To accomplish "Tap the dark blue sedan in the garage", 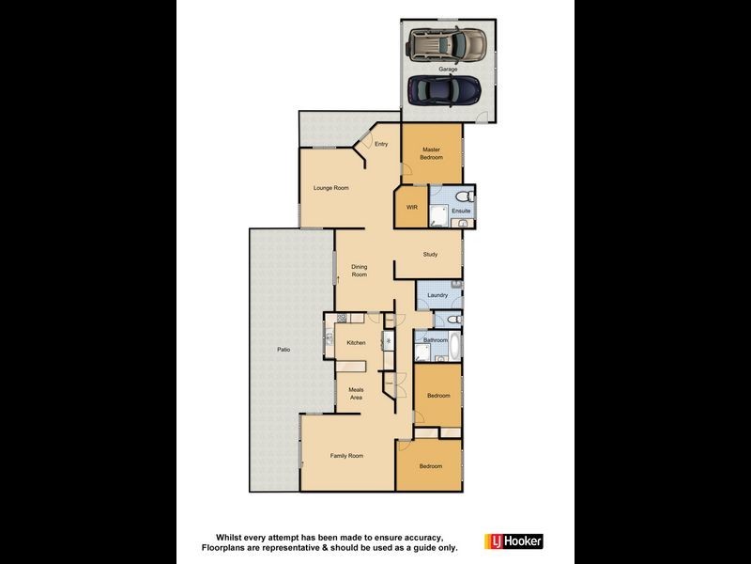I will point(445,90).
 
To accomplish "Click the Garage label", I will point(446,69).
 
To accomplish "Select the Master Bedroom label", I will point(432,153).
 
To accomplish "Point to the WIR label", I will point(411,206).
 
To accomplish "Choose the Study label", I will point(430,254).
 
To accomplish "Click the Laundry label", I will point(437,296).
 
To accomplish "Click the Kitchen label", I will point(356,342).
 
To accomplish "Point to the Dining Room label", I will point(360,271).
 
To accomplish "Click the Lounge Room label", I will point(330,188).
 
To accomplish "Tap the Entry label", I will point(381,144).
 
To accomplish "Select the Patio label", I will point(284,350).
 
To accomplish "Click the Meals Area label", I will point(356,394).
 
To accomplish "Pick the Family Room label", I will point(346,455).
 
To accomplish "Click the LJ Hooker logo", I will point(513,542).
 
